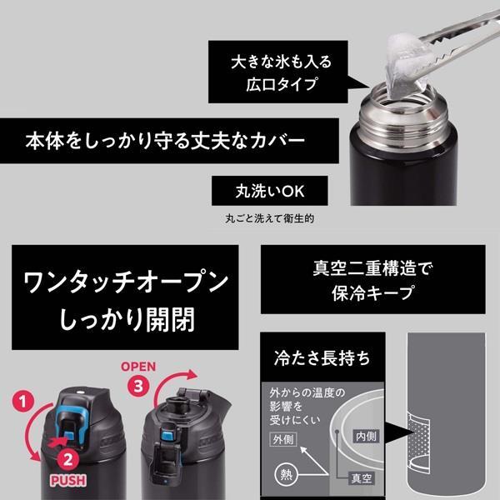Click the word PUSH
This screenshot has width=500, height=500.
72,481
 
